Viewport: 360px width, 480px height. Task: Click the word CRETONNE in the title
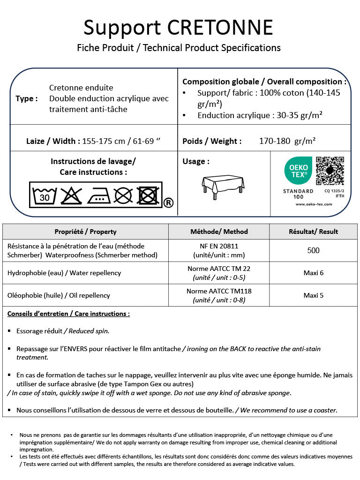[220, 28]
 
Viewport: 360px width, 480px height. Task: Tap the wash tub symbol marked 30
[45, 195]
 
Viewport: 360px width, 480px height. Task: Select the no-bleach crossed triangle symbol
[71, 195]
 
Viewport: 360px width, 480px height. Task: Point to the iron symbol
[98, 195]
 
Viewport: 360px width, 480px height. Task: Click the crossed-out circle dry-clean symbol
[123, 195]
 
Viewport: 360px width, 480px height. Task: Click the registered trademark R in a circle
[168, 202]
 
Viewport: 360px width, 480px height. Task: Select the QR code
[330, 171]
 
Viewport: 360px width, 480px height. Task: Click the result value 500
[313, 250]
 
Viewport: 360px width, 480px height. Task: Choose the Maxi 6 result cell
[313, 273]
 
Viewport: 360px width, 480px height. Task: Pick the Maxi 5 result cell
[313, 295]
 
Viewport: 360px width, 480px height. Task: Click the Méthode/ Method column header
[219, 232]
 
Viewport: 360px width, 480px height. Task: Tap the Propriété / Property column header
[85, 232]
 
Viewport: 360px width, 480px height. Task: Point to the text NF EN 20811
[219, 246]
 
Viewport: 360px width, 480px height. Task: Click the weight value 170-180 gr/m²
[287, 141]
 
